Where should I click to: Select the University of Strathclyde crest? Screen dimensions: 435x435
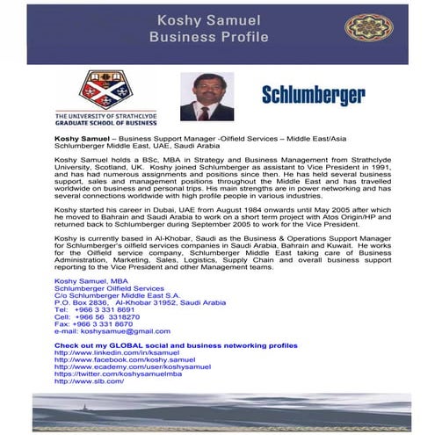click(105, 90)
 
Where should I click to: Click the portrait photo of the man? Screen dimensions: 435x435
click(207, 96)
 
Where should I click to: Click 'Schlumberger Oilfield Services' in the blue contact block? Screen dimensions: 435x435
click(109, 287)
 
